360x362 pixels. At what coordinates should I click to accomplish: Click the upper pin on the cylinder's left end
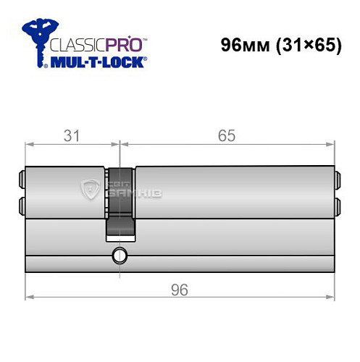[20, 177]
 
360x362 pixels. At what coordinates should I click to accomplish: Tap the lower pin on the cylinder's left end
[20, 205]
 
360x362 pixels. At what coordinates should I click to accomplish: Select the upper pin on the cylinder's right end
[336, 177]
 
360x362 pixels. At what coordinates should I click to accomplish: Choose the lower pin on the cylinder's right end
[336, 205]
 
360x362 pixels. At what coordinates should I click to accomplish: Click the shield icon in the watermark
[91, 190]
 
